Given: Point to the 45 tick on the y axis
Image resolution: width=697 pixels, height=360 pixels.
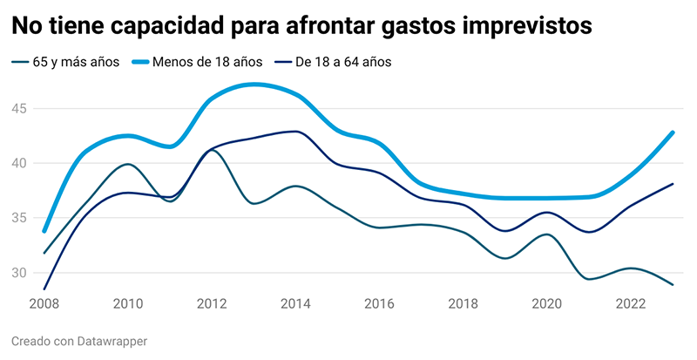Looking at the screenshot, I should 20,109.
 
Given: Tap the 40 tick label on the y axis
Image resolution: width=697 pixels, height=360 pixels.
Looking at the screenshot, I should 20,164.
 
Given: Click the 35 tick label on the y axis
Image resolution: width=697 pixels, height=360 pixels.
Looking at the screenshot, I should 20,218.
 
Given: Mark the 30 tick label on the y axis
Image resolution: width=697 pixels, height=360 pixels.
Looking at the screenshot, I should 20,273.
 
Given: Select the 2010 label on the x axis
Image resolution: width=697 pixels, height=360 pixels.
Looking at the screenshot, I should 128,304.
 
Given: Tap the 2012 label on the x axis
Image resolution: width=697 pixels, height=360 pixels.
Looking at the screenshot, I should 212,304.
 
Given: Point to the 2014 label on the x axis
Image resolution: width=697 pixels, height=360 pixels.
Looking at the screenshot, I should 295,304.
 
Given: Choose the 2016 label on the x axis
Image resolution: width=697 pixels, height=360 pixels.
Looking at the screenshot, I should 379,304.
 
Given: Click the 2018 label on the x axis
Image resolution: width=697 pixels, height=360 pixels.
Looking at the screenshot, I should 463,304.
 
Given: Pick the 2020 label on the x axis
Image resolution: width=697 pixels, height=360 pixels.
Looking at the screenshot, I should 546,304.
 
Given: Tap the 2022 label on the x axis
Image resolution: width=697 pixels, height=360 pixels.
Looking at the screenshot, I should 630,304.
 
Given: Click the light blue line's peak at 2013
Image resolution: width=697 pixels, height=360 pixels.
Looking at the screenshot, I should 254,85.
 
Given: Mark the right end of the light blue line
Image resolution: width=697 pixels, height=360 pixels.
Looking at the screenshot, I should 673,132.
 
